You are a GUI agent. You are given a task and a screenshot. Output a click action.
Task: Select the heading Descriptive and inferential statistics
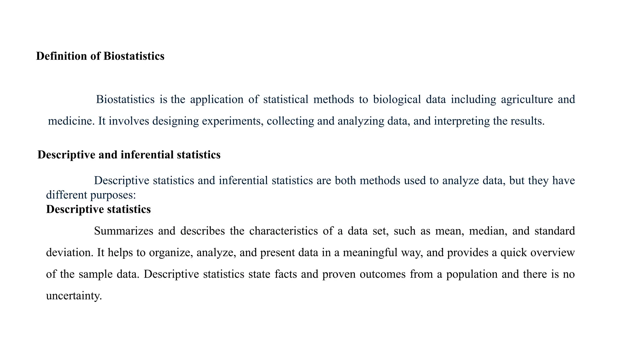[x=129, y=155]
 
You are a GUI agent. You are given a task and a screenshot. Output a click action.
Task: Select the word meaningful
[x=370, y=252]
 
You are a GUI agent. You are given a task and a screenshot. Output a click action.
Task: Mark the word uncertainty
[x=74, y=296]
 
